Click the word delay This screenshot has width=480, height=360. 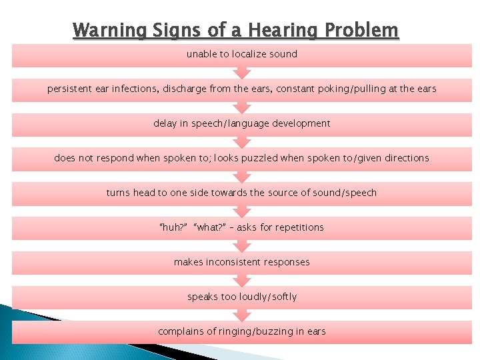(x=165, y=123)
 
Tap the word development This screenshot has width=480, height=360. (x=298, y=123)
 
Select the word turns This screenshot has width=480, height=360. (x=118, y=193)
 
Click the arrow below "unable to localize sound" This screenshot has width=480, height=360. (x=242, y=72)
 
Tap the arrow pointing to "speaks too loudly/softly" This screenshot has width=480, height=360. (x=242, y=280)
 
